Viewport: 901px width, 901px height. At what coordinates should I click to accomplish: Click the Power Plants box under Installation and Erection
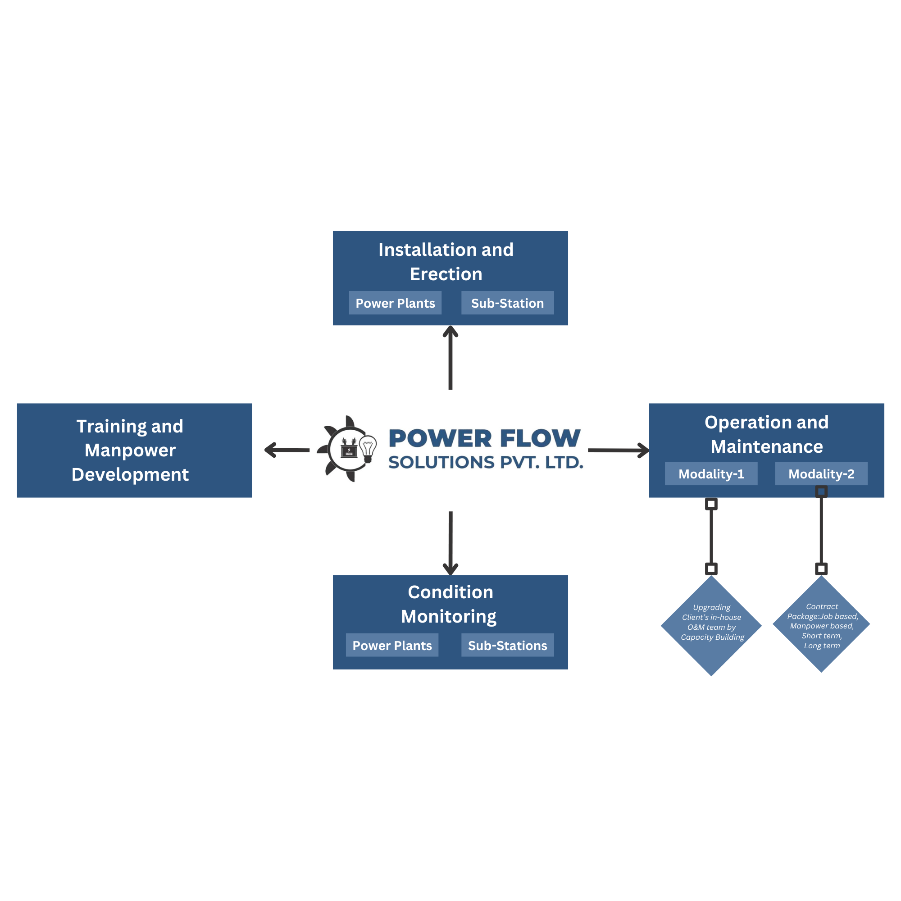click(395, 303)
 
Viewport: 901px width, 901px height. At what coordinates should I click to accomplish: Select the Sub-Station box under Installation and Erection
click(507, 303)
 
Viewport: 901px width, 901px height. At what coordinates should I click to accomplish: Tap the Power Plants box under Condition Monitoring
click(392, 646)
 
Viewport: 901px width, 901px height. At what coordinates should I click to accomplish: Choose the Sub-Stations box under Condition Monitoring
click(507, 646)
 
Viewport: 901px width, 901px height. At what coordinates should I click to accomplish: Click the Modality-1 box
click(711, 474)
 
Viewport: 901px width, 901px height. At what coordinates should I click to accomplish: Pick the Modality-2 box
click(821, 474)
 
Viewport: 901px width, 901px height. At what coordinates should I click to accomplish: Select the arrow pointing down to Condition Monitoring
click(450, 543)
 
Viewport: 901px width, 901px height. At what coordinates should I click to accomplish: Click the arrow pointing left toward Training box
click(287, 450)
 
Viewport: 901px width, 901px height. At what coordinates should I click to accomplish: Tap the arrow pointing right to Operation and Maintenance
click(618, 450)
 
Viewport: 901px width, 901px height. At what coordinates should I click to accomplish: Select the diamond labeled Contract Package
click(821, 625)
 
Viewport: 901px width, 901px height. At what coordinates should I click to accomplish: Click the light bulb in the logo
click(368, 448)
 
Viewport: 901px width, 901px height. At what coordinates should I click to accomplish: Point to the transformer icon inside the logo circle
click(349, 449)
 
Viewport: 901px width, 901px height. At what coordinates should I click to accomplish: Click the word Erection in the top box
click(446, 274)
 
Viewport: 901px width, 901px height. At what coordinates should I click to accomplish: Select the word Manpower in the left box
click(130, 450)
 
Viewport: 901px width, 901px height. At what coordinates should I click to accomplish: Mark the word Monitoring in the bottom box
click(449, 617)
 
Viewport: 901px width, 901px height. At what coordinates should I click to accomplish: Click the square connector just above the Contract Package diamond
click(821, 569)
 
